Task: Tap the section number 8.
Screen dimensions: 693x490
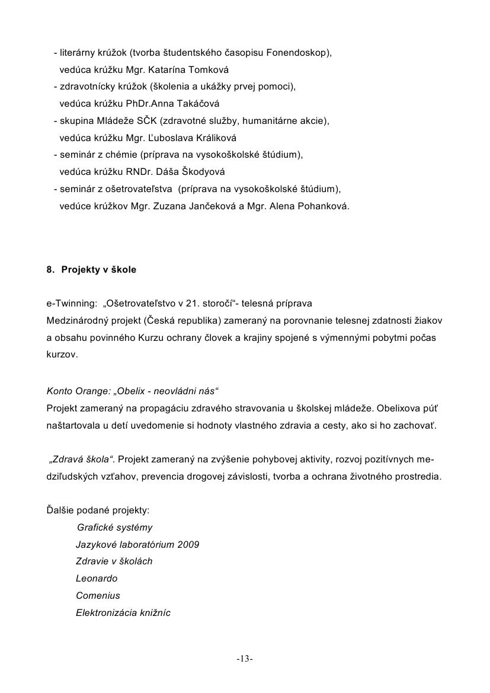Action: [x=50, y=269]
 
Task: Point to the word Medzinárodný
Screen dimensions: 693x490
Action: [x=76, y=320]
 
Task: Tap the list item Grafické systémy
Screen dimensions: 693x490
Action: [x=114, y=527]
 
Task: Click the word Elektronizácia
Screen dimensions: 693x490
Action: [x=104, y=612]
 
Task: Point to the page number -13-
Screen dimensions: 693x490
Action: [x=245, y=659]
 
